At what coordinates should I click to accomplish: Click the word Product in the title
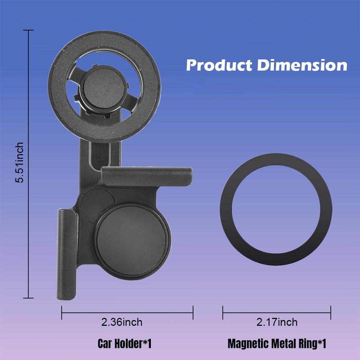(219, 65)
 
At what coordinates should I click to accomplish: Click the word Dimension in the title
(302, 65)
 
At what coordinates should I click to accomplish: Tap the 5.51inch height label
(19, 163)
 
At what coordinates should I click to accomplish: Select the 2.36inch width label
(122, 322)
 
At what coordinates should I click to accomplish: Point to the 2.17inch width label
(277, 322)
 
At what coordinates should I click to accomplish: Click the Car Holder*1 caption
(125, 344)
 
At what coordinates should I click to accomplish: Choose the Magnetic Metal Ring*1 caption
(277, 344)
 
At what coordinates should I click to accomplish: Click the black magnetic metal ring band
(226, 210)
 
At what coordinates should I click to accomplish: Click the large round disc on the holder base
(133, 241)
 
